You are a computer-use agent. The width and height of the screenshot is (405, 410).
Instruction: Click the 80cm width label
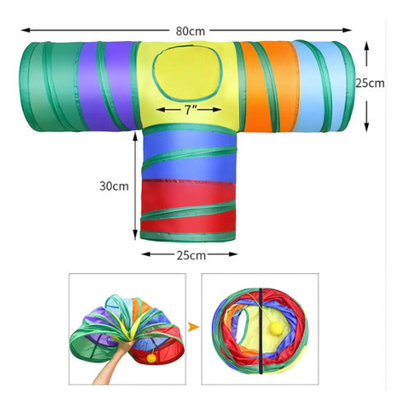[x=191, y=31]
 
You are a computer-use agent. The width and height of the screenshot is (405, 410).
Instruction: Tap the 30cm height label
[x=114, y=186]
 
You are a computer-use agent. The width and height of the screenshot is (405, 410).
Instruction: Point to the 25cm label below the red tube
[x=191, y=255]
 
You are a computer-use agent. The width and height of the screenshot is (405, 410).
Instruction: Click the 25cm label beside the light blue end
[x=370, y=83]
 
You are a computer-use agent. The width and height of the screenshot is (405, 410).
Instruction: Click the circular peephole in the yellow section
[x=187, y=72]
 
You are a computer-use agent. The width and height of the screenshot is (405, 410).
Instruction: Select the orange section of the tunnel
[x=269, y=86]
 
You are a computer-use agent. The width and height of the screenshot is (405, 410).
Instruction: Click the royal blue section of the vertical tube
[x=189, y=156]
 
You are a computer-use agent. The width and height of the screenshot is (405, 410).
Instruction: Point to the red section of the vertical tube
[x=188, y=207]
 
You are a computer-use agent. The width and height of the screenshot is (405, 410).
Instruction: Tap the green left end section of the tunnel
[x=51, y=87]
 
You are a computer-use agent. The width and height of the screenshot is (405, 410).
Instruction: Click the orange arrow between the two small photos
[x=194, y=327]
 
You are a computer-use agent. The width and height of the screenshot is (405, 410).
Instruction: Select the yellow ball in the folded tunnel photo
[x=276, y=327]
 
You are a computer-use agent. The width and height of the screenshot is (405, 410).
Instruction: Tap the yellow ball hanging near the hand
[x=151, y=358]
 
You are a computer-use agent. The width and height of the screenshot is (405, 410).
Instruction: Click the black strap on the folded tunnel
[x=261, y=331]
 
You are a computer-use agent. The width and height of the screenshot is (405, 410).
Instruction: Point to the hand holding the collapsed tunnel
[x=115, y=362]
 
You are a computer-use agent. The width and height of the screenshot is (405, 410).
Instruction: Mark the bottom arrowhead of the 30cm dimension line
[x=135, y=235]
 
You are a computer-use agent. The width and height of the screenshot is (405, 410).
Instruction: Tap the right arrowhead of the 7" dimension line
[x=217, y=110]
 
